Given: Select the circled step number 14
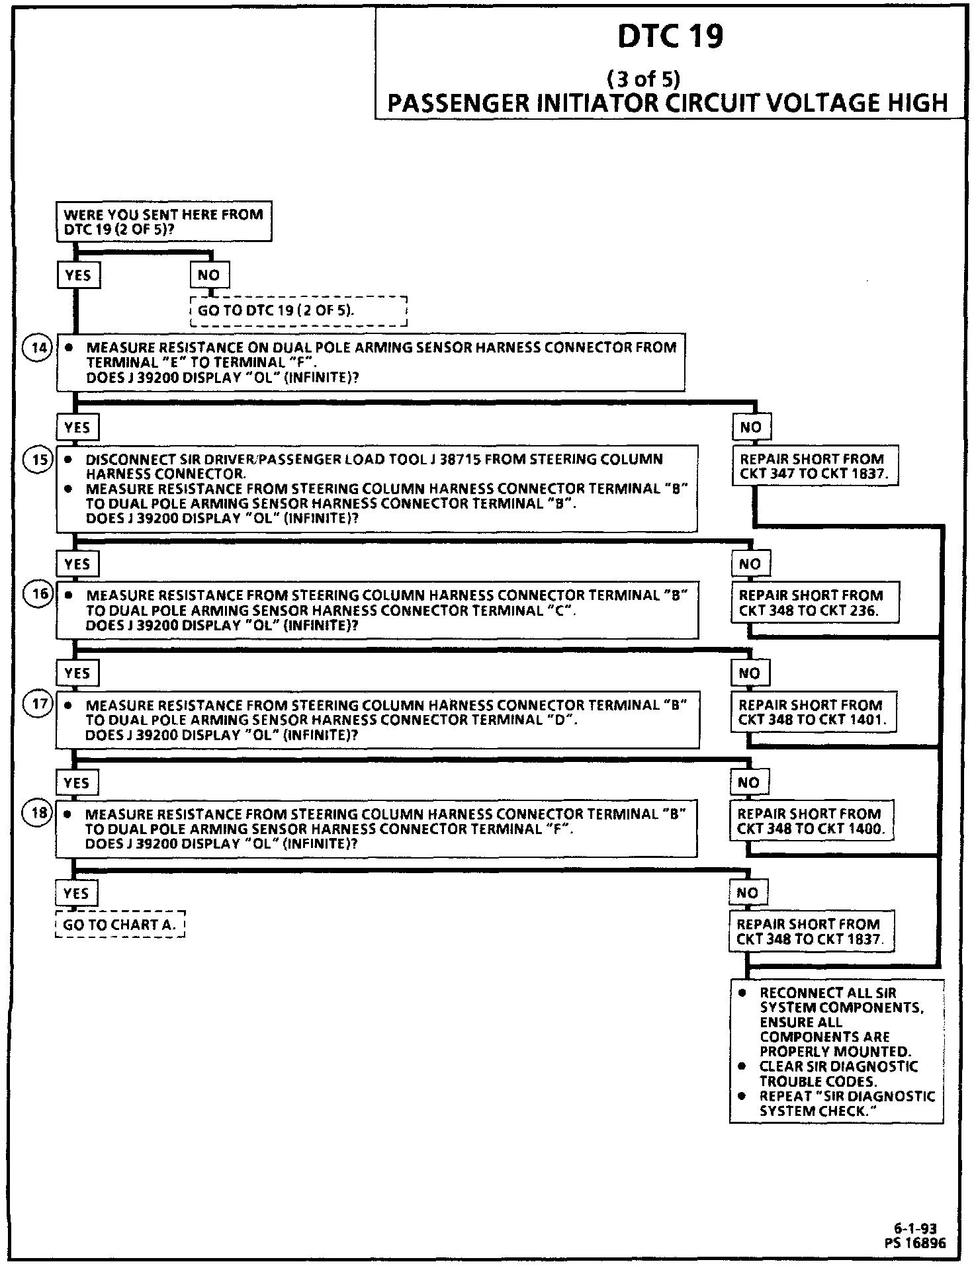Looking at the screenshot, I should click(38, 347).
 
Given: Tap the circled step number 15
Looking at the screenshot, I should click(38, 458).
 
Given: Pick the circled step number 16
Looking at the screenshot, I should click(38, 594).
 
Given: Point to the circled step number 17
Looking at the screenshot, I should click(38, 704).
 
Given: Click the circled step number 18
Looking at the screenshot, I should click(38, 812).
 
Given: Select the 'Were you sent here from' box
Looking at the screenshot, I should click(163, 222).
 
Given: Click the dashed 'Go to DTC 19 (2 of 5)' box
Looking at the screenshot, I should click(298, 310).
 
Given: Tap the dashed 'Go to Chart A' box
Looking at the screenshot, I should click(120, 924).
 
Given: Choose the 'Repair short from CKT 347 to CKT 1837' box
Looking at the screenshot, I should click(815, 466).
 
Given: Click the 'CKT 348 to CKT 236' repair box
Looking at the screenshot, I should click(815, 603).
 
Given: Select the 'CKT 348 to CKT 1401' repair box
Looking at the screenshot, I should click(814, 712).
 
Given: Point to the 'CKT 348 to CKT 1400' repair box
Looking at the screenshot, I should click(811, 821).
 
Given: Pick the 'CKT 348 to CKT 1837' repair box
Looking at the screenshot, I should click(811, 931).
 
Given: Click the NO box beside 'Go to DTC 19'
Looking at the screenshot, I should click(209, 275).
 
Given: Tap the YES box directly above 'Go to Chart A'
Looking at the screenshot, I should click(76, 893).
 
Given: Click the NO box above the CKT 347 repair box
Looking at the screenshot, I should click(750, 427).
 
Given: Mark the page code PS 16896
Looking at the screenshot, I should click(914, 1243).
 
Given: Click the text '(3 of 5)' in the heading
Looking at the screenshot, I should click(643, 79).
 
